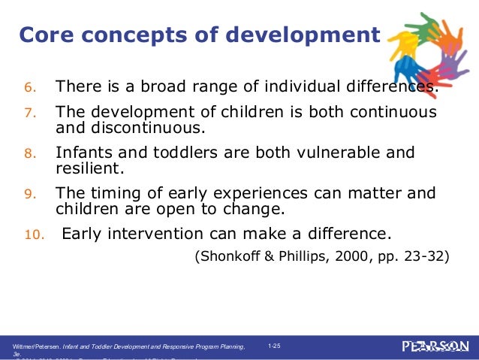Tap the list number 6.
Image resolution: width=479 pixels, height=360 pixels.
click(31, 89)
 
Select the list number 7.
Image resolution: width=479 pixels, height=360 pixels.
click(31, 113)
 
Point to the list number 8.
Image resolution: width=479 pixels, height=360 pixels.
click(31, 154)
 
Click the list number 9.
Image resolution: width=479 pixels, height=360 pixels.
click(31, 195)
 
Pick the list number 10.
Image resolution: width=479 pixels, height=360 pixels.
click(34, 235)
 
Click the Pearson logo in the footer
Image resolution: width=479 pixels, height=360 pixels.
click(435, 346)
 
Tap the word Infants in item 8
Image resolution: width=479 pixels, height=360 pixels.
click(83, 153)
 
